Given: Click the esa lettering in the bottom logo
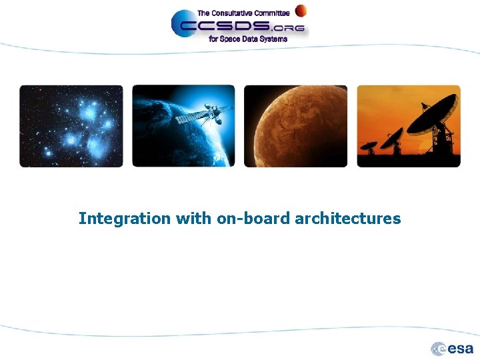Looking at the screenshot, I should pos(461,349).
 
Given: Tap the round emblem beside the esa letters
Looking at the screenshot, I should pos(439,349).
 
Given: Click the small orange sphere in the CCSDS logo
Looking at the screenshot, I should pos(301,11).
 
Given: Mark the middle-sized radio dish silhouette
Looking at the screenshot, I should pos(392,139).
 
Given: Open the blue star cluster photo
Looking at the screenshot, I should pos(71,126).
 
